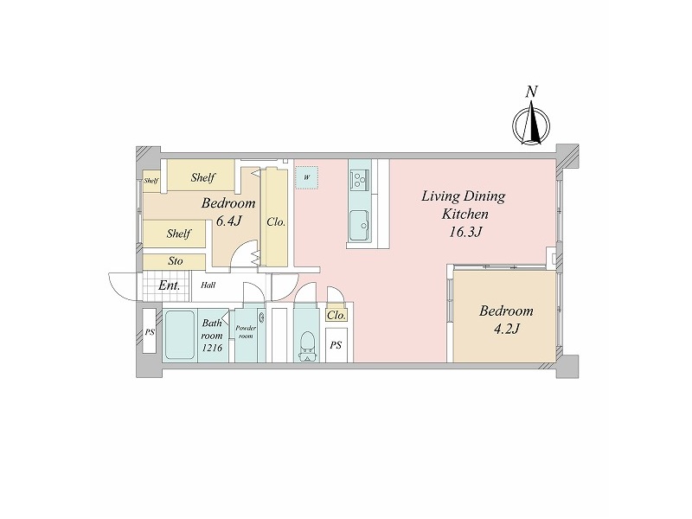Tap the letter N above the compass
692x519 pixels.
point(531,92)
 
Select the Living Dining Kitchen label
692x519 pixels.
point(465,205)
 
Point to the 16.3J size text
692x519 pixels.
point(465,232)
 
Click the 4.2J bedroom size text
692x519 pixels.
point(506,330)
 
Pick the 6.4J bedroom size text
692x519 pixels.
point(228,221)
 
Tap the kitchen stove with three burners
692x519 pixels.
point(360,179)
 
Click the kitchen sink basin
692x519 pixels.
point(360,225)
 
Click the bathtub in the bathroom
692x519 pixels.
point(180,336)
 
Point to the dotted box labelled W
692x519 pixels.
point(307,177)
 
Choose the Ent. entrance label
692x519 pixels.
point(169,285)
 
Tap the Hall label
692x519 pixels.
point(208,285)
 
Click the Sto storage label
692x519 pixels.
point(176,261)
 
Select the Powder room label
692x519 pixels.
point(246,332)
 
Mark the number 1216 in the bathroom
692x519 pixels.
point(212,348)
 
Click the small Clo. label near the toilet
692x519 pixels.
point(336,316)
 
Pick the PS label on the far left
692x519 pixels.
point(150,332)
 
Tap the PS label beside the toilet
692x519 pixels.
point(336,345)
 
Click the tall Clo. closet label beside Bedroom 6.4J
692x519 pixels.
point(276,222)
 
